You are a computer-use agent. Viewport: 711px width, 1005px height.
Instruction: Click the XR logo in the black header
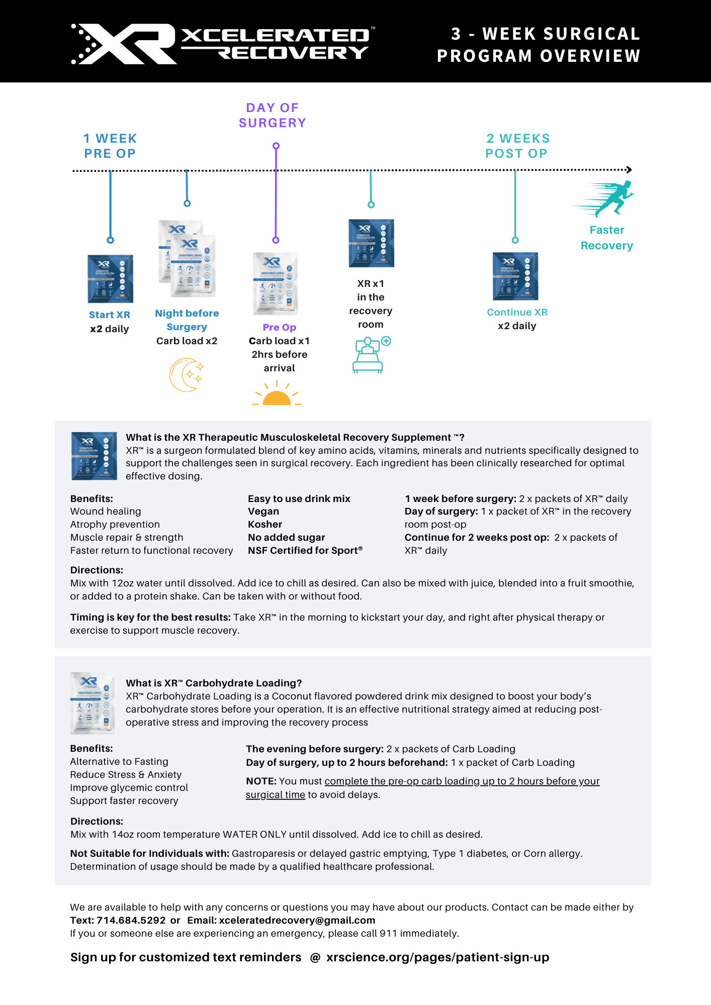[123, 44]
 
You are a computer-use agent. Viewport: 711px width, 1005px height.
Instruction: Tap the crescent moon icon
[186, 375]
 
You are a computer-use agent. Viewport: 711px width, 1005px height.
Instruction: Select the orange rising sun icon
[277, 394]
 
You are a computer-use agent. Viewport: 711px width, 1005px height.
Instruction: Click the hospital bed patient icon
[370, 355]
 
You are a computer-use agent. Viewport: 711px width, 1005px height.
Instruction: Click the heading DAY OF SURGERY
[272, 115]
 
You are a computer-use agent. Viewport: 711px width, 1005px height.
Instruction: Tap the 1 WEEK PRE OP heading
[110, 146]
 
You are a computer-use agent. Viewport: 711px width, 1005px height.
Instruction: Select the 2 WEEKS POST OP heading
[517, 146]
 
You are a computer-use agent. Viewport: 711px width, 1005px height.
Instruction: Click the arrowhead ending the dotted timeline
[629, 170]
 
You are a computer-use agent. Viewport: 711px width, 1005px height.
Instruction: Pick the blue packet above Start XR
[110, 279]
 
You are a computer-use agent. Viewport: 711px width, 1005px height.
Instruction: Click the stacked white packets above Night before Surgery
[187, 258]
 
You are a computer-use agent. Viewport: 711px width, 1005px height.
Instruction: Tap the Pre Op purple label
[279, 327]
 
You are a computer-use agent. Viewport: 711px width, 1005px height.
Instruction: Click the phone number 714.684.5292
[131, 920]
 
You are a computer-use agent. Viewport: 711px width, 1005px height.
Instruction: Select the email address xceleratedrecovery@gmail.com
[297, 920]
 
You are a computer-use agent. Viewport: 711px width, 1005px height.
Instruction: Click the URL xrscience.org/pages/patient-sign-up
[437, 957]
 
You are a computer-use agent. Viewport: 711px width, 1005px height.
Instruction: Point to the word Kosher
[265, 524]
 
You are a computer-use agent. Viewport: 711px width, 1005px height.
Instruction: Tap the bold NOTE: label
[261, 781]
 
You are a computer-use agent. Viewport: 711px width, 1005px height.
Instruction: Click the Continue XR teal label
[517, 312]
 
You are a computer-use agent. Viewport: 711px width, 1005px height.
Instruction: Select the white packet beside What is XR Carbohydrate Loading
[93, 703]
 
